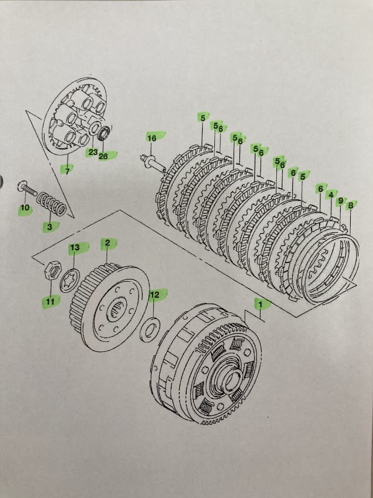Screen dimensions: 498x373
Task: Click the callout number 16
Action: point(152,138)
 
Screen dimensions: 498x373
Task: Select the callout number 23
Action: point(93,152)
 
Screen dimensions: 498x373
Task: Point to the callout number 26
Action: point(104,156)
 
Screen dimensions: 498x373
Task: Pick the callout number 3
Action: point(49,227)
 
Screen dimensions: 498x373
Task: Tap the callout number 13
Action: point(75,248)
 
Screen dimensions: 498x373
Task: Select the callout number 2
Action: point(107,243)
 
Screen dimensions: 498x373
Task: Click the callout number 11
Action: point(49,302)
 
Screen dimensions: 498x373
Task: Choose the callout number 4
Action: point(331,196)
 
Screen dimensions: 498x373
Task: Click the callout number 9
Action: point(340,201)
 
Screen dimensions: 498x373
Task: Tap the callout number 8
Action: point(350,205)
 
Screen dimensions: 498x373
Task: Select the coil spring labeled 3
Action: point(53,204)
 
